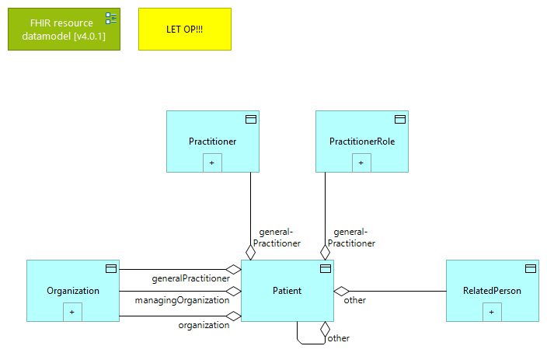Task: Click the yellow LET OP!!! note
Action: click(184, 30)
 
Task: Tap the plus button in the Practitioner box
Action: click(212, 163)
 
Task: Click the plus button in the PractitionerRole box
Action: click(361, 163)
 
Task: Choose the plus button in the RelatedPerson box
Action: click(492, 312)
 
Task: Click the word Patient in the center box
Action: click(287, 291)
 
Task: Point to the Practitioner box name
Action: click(212, 142)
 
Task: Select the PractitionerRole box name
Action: click(361, 142)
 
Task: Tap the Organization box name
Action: click(72, 291)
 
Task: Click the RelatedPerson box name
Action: click(492, 291)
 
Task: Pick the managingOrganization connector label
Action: click(182, 299)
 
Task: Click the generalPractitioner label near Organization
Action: click(190, 278)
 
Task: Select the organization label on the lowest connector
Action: click(204, 325)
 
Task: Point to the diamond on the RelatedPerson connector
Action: click(342, 291)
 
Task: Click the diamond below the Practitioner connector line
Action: click(250, 252)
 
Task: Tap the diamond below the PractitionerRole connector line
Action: click(325, 252)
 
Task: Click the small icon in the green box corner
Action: click(111, 18)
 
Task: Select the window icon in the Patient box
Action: click(326, 269)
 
